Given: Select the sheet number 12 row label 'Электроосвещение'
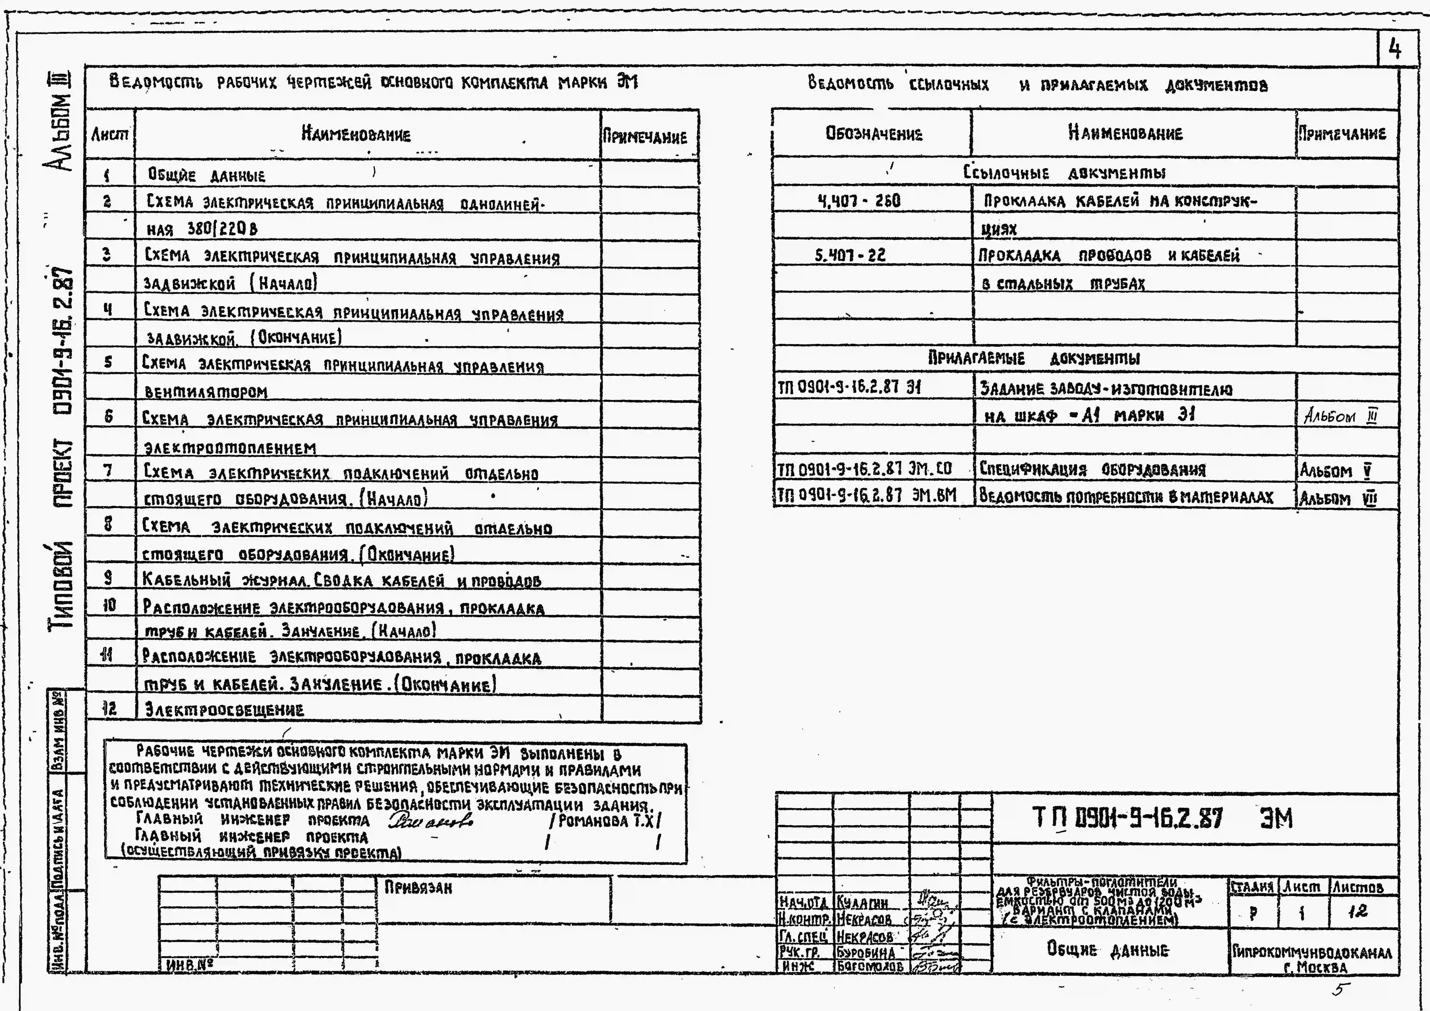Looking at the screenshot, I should click(x=224, y=709).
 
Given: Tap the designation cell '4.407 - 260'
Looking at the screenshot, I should click(x=858, y=201).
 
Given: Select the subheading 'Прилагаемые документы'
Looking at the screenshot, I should click(x=1034, y=358).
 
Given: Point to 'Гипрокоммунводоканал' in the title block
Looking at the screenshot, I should click(x=1312, y=951).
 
